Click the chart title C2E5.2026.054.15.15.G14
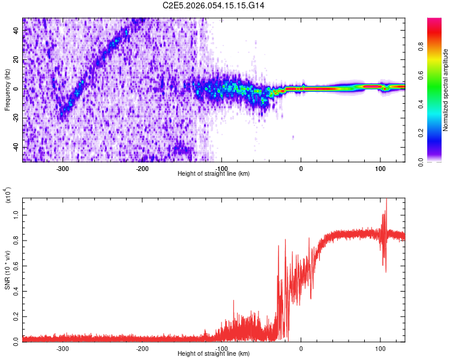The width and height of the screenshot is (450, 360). tap(214, 5)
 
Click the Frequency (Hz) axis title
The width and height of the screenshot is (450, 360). tap(7, 89)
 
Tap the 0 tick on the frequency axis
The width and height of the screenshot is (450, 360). tap(16, 88)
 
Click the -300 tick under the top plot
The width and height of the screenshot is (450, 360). tap(63, 168)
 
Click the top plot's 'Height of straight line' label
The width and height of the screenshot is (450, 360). tap(214, 173)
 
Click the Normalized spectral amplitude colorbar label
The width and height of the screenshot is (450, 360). tap(445, 90)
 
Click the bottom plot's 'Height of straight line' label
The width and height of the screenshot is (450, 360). tap(214, 354)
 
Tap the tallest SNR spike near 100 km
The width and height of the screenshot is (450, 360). tap(386, 200)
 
